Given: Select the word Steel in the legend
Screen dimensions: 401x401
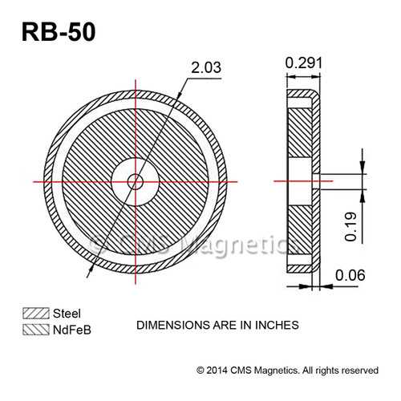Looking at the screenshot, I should pos(67,313).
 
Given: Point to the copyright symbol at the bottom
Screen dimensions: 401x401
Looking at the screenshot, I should pos(200,371).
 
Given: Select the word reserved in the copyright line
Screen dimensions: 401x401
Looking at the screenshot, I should pos(356,371).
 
